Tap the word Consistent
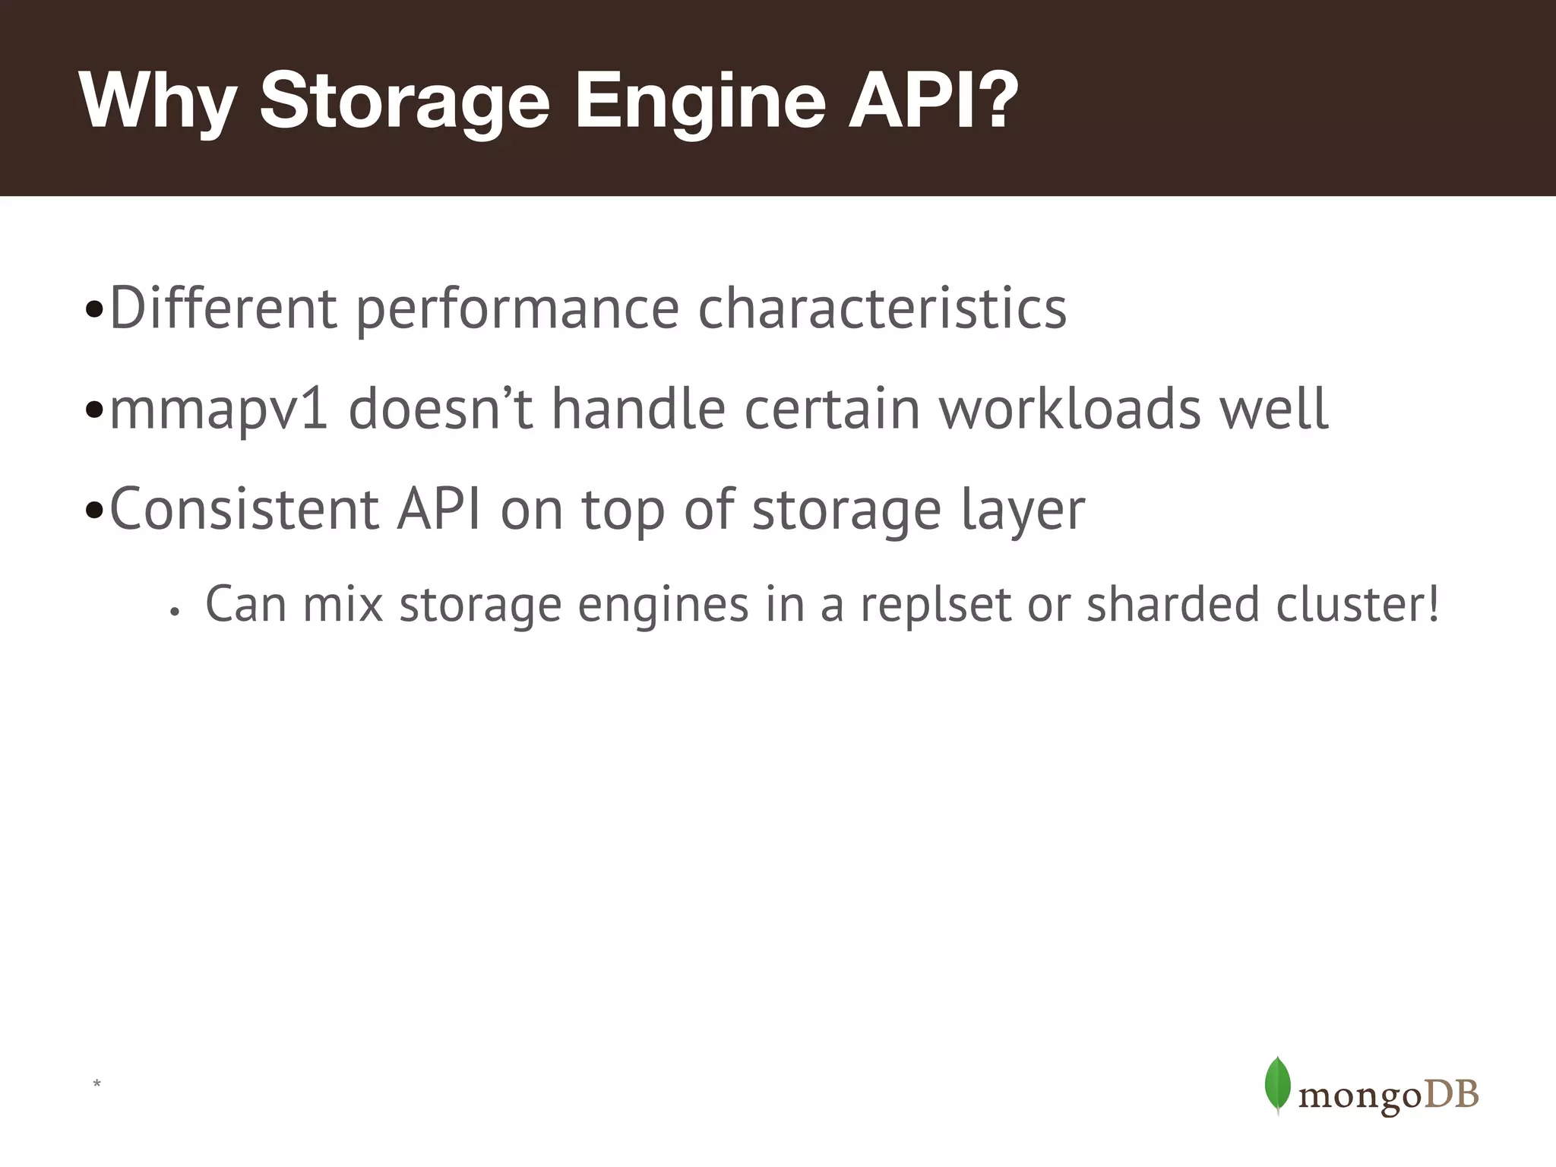tap(244, 509)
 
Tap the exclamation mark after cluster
tap(1432, 603)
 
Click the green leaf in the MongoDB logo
tap(1278, 1085)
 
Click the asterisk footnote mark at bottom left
tap(96, 1084)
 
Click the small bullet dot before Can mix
tap(174, 612)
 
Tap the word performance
tap(517, 309)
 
